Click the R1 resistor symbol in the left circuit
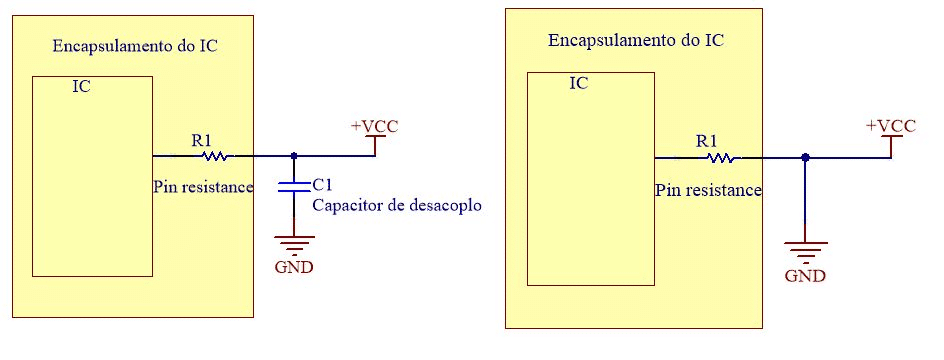tap(216, 156)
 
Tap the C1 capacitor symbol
tap(293, 187)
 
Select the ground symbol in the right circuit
tap(806, 248)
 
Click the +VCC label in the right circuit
tap(891, 126)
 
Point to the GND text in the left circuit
tap(293, 267)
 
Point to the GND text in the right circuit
tap(806, 275)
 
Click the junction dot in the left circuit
tap(293, 156)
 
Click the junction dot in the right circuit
tap(806, 157)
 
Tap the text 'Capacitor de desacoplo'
tap(397, 205)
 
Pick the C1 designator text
tap(322, 185)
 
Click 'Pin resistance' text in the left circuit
tap(203, 186)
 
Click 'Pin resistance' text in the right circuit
tap(709, 189)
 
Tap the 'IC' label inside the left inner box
tap(82, 87)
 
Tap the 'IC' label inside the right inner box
tap(578, 83)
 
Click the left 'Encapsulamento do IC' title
tap(134, 46)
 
